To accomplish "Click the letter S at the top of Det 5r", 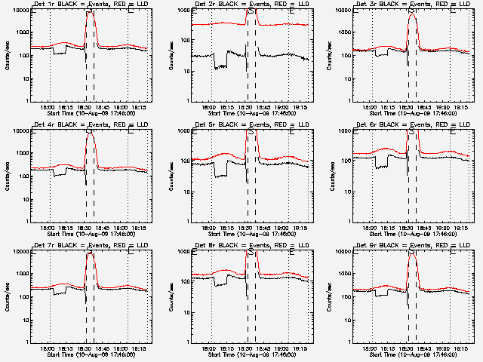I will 251,130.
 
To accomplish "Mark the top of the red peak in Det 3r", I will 411,14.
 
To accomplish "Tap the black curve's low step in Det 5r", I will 221,176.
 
